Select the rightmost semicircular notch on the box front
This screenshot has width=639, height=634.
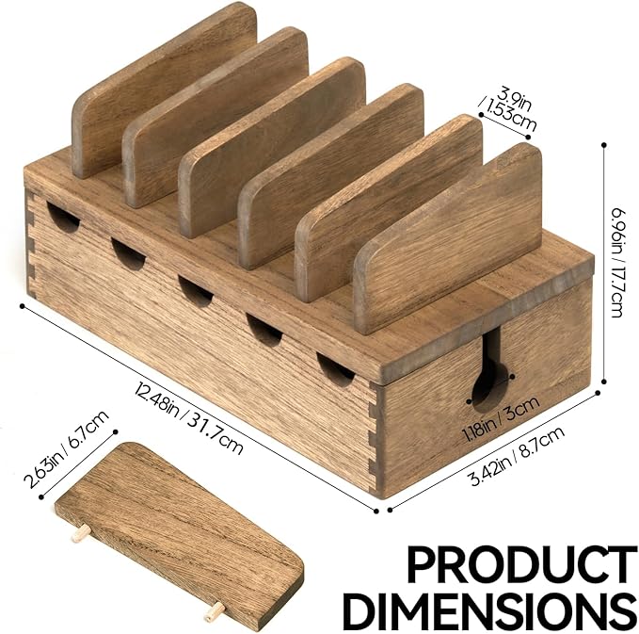336,368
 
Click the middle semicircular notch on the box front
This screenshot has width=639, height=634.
196,291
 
